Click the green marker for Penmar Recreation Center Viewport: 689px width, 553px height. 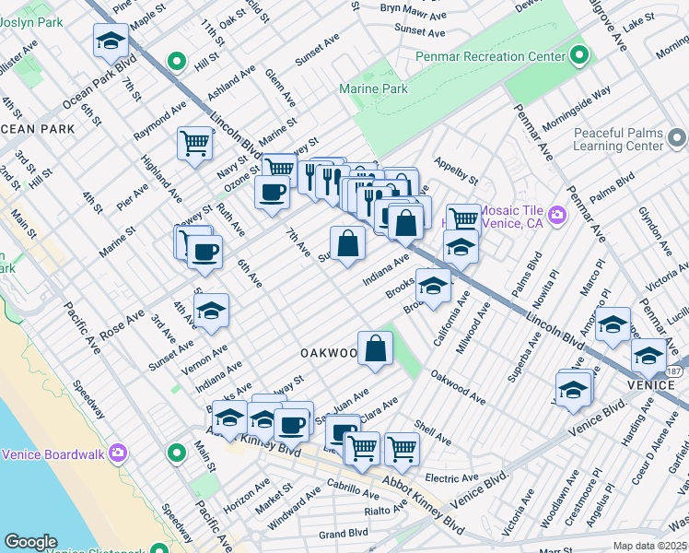pos(579,56)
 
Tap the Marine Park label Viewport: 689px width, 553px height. pos(373,89)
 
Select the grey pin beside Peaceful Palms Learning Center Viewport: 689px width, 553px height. pos(677,139)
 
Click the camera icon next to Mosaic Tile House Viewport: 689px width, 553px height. pos(556,216)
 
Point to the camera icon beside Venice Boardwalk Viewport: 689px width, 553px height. pos(117,453)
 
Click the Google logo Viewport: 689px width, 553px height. pos(30,542)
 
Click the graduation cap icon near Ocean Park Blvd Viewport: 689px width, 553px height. pos(111,41)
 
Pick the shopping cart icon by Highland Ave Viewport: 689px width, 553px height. pos(194,143)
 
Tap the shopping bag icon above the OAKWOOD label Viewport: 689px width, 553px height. pos(375,347)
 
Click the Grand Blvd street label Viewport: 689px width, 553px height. pos(344,533)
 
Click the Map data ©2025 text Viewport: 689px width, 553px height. pos(649,546)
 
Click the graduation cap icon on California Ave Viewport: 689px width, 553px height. pos(432,285)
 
